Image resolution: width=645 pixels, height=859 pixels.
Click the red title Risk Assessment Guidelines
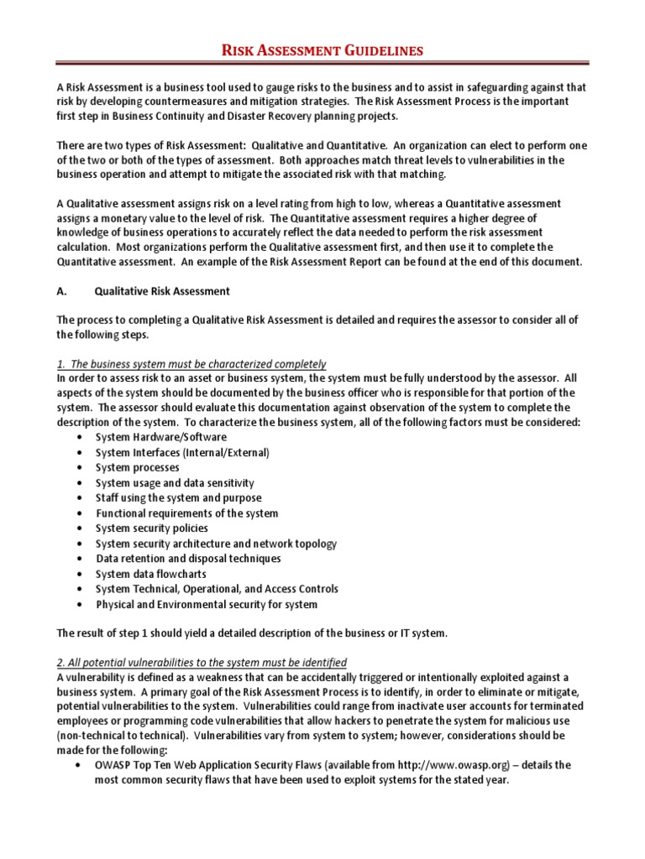click(x=322, y=51)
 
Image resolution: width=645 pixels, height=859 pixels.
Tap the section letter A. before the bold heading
click(x=61, y=291)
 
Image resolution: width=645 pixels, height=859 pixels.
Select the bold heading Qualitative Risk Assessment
click(x=162, y=291)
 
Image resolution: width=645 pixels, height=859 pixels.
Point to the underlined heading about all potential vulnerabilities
click(x=202, y=662)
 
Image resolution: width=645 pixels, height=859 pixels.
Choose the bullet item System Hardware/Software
click(x=160, y=438)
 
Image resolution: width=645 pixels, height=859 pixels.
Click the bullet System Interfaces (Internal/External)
click(x=182, y=453)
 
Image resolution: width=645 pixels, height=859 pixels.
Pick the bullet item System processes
click(x=137, y=468)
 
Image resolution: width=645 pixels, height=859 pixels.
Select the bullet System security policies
click(x=152, y=528)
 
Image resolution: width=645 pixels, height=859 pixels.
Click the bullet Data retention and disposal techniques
click(x=188, y=559)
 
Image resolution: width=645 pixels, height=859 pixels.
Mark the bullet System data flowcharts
click(x=150, y=574)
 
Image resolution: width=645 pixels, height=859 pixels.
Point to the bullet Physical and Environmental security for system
click(x=207, y=604)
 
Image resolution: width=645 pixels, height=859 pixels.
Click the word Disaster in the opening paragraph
click(x=312, y=115)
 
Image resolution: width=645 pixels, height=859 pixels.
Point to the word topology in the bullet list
click(x=312, y=544)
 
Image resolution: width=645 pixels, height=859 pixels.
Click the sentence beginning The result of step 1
click(x=252, y=633)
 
